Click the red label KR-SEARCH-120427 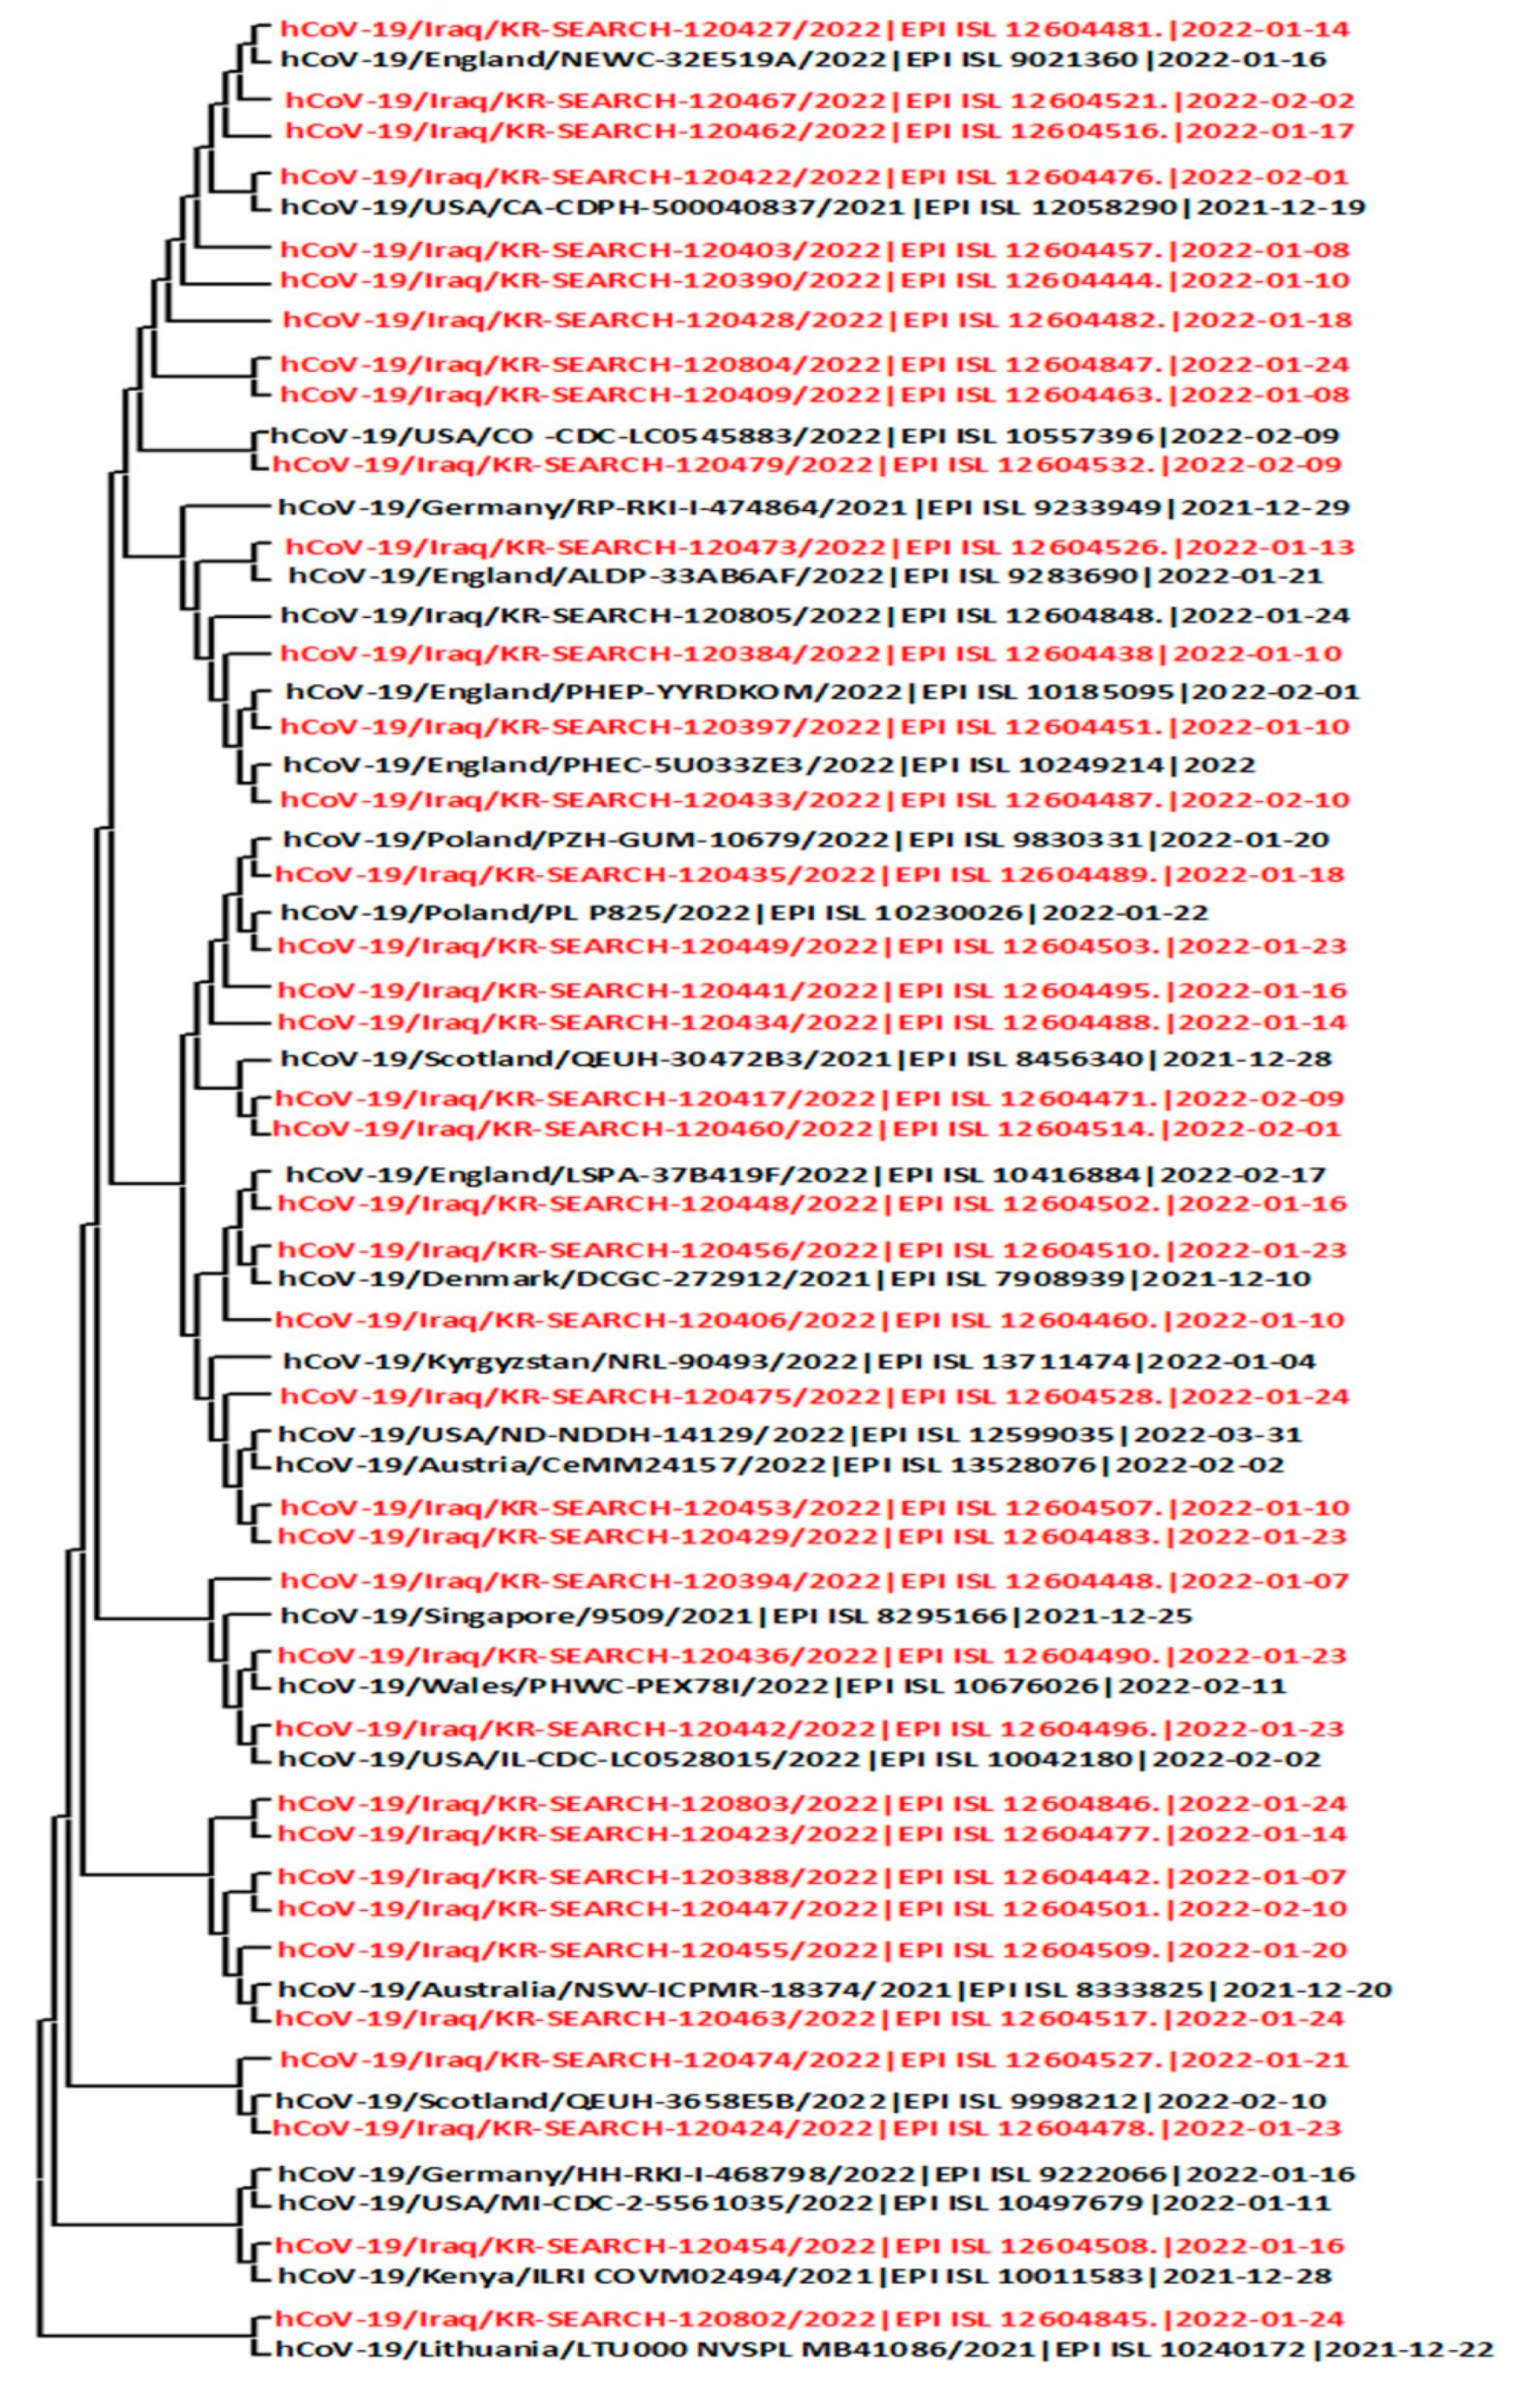[814, 29]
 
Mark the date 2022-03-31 [1217, 1435]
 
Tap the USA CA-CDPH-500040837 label [822, 207]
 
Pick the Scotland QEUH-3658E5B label [801, 2100]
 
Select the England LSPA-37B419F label [805, 1175]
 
